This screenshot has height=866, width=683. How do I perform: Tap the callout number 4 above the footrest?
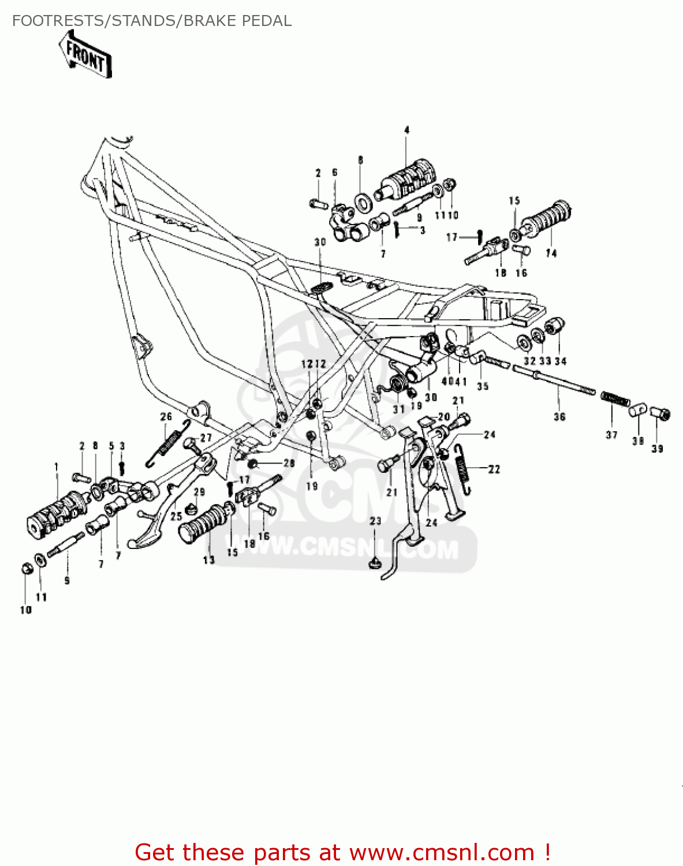pyautogui.click(x=406, y=130)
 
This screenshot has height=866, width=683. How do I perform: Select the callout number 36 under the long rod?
pyautogui.click(x=559, y=416)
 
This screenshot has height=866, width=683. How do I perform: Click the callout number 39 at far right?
pyautogui.click(x=657, y=448)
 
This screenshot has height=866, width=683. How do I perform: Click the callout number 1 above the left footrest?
pyautogui.click(x=57, y=466)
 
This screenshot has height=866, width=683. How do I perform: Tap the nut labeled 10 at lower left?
pyautogui.click(x=25, y=569)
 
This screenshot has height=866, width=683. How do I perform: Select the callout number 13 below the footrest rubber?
pyautogui.click(x=208, y=560)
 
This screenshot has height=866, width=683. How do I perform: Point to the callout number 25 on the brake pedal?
pyautogui.click(x=176, y=516)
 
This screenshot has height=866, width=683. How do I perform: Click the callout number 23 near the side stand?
pyautogui.click(x=375, y=521)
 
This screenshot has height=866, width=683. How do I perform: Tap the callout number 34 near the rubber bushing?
pyautogui.click(x=561, y=361)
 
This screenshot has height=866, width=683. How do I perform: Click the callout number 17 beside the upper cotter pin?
pyautogui.click(x=451, y=237)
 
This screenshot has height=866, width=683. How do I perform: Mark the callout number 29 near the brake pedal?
pyautogui.click(x=199, y=492)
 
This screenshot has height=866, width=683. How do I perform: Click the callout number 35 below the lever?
pyautogui.click(x=483, y=386)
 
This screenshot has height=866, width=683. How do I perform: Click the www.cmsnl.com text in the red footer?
pyautogui.click(x=442, y=852)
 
